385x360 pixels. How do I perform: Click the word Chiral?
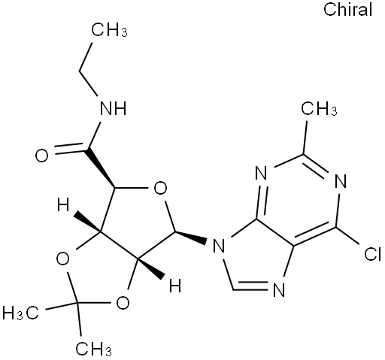(x=347, y=10)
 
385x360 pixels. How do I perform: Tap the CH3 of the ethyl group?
(x=109, y=30)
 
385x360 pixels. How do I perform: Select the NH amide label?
(x=113, y=109)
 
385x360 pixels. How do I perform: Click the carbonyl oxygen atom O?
(x=41, y=156)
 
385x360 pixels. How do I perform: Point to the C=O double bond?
(x=68, y=150)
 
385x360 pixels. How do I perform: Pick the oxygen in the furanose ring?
(x=160, y=189)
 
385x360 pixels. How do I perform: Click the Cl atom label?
(x=373, y=254)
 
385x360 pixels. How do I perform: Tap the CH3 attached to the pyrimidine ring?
(x=319, y=109)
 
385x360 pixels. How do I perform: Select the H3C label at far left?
(x=20, y=313)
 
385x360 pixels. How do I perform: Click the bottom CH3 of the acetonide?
(x=93, y=348)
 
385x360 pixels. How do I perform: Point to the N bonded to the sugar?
(x=218, y=245)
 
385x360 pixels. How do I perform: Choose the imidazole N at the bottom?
(x=279, y=289)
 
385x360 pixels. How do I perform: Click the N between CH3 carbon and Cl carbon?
(x=341, y=180)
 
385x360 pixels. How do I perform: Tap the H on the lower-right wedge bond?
(x=175, y=285)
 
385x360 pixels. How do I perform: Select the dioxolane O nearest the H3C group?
(x=62, y=259)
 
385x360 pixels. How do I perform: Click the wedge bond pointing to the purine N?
(x=190, y=237)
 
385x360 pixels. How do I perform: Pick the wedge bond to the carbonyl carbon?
(x=100, y=169)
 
